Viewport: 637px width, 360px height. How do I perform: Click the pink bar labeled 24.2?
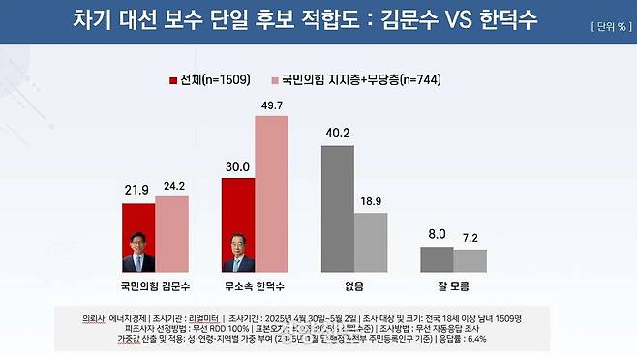click(171, 234)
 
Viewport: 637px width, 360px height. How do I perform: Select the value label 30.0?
click(238, 165)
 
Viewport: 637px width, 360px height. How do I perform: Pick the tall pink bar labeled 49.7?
click(271, 194)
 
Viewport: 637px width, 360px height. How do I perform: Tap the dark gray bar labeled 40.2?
click(338, 210)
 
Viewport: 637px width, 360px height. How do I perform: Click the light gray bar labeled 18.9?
click(371, 243)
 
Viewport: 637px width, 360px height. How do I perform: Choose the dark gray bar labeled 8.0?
click(437, 260)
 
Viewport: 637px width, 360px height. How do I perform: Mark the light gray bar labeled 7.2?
click(470, 261)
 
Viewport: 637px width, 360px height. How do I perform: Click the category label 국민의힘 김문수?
click(155, 285)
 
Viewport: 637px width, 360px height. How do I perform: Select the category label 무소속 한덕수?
click(256, 285)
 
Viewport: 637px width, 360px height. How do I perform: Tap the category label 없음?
click(353, 285)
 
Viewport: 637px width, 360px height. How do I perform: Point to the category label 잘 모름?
click(453, 285)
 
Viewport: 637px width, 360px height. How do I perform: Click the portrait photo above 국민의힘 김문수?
click(138, 251)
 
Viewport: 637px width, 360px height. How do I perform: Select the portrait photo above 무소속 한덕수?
click(238, 251)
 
